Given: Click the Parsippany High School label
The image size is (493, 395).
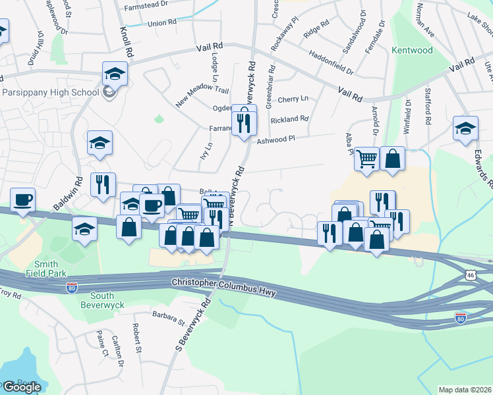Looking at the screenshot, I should tap(49, 92).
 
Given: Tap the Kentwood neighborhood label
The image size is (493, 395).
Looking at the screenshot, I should tap(412, 50).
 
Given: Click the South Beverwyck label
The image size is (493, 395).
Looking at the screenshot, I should tap(98, 300).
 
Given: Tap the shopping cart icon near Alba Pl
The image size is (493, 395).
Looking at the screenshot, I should tap(366, 158).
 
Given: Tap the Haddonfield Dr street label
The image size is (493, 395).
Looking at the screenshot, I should tap(331, 63).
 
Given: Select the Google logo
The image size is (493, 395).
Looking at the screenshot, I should tap(22, 387).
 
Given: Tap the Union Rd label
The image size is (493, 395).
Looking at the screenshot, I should tap(162, 23).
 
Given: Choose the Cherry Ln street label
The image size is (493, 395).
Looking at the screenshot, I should tap(293, 99).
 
